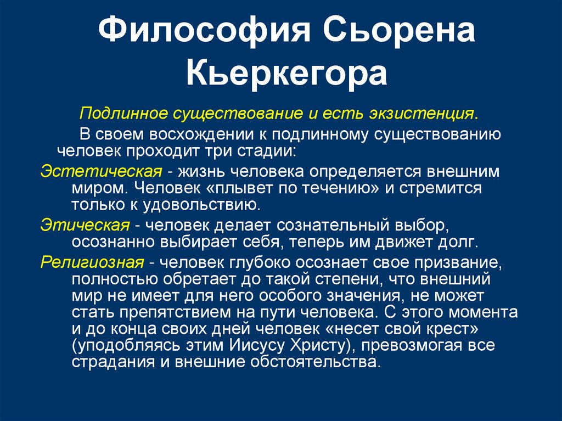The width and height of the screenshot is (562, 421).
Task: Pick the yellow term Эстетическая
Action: (102, 171)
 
